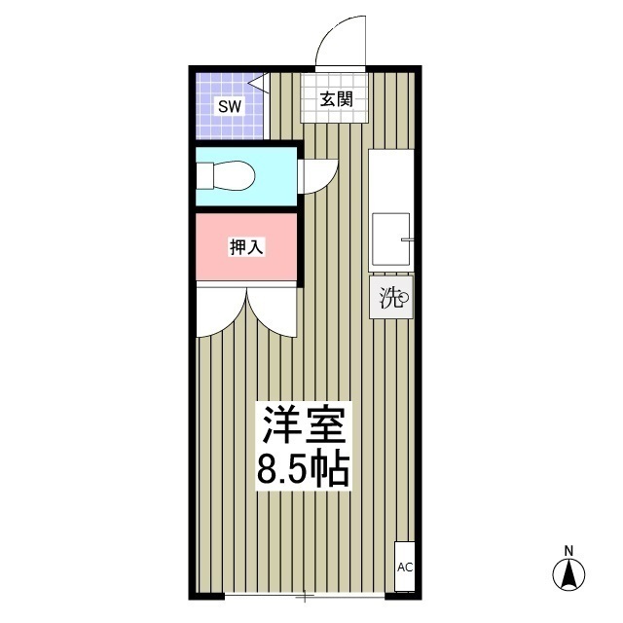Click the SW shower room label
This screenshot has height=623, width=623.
click(229, 105)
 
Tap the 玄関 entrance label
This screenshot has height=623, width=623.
click(333, 98)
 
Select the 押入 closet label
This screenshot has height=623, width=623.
click(246, 247)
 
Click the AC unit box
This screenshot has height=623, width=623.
click(404, 566)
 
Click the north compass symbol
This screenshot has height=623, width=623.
click(568, 573)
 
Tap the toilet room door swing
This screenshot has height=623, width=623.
click(315, 176)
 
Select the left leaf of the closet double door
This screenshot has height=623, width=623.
click(220, 313)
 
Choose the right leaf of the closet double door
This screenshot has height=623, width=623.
click(273, 313)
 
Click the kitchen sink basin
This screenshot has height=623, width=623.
click(391, 239)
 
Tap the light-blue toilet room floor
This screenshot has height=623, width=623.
click(273, 176)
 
